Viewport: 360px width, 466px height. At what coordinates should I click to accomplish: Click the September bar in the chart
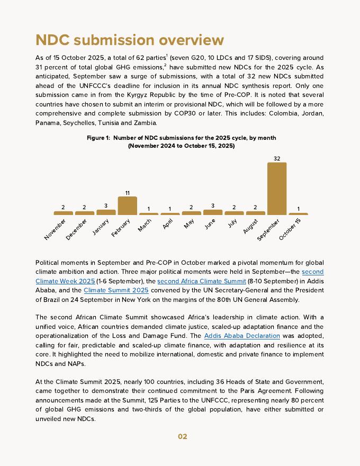pos(276,189)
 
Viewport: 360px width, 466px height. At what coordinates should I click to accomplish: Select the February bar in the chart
pos(127,205)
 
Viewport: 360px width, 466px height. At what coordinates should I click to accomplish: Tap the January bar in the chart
pos(106,212)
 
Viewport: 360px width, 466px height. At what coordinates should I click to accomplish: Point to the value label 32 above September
pos(277,158)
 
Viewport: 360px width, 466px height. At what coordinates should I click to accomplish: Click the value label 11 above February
pos(128,193)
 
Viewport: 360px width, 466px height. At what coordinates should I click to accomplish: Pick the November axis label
pos(56,228)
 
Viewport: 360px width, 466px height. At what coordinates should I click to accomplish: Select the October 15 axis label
pos(290,229)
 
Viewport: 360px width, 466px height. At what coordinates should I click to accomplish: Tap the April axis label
pos(168,223)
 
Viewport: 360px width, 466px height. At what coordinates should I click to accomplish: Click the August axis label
pos(251,226)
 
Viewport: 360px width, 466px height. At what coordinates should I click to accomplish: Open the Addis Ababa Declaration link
pos(242,336)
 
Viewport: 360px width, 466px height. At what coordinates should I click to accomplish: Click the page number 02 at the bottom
pos(182,436)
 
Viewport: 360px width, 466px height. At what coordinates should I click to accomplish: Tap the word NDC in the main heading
pos(52,40)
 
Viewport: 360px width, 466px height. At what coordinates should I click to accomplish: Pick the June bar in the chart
pos(213,212)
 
